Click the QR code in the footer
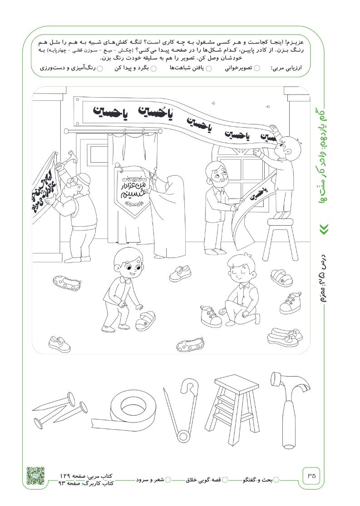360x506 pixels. coord(35,476)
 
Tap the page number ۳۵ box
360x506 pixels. coord(311,475)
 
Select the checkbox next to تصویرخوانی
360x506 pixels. coord(257,68)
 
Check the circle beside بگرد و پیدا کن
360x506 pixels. coord(154,68)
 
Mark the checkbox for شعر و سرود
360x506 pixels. coord(168,480)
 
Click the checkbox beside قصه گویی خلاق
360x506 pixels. coord(225,480)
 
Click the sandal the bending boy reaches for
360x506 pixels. coord(145,320)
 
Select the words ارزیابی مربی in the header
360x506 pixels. coord(286,69)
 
